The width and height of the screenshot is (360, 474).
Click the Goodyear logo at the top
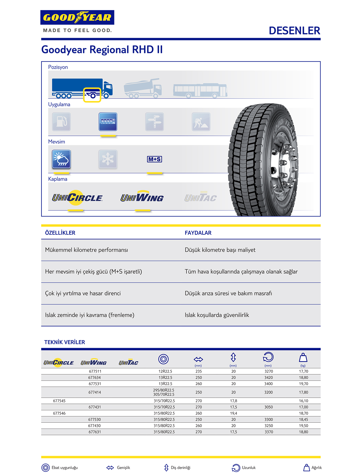[77, 18]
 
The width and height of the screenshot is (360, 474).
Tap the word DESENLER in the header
[294, 31]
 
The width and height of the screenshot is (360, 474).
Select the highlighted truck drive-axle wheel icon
[92, 95]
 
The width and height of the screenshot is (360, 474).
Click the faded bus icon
[200, 90]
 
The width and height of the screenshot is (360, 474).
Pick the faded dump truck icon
[143, 88]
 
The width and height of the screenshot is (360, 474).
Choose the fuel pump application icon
[61, 122]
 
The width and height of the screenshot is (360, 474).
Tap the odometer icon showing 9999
[108, 122]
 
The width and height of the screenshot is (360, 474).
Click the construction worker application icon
[201, 122]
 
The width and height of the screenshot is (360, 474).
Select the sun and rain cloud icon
[61, 159]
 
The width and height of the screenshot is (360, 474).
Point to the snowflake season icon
[108, 159]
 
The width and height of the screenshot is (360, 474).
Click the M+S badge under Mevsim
[154, 159]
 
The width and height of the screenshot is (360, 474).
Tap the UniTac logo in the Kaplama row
[200, 198]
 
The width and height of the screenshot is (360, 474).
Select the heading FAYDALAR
[198, 233]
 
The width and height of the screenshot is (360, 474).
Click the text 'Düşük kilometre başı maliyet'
[220, 250]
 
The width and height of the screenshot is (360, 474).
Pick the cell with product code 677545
[59, 401]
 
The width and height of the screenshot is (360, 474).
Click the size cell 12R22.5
[165, 371]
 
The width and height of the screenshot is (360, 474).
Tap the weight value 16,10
[303, 401]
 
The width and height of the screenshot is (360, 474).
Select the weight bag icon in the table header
[303, 358]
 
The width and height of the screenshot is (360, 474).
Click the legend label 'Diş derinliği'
[181, 468]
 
